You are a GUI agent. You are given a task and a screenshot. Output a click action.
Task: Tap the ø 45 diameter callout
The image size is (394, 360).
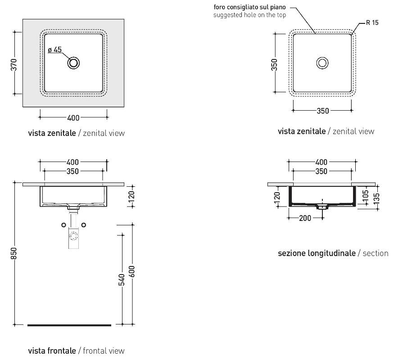pos(54,50)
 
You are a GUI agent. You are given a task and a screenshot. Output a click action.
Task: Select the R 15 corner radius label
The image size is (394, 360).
pos(372,23)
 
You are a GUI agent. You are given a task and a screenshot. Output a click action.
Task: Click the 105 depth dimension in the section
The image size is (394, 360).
pos(365,194)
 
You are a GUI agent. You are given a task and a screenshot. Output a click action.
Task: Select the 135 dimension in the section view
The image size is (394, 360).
pos(376,197)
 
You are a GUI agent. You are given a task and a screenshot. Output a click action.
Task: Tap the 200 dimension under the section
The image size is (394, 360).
pos(305,218)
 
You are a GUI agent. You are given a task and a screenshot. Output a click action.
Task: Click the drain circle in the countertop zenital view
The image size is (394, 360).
pos(73,63)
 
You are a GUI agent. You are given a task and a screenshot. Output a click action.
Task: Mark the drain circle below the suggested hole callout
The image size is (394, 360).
pos(322,63)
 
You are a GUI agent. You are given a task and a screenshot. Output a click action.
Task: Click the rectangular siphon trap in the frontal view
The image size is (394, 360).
pos(73,238)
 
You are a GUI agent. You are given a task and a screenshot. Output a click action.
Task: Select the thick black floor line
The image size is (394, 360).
pos(69,325)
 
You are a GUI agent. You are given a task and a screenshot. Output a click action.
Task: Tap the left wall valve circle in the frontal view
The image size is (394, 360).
pos(63,225)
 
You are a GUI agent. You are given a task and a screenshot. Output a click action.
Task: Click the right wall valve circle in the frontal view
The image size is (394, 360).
pos(84,225)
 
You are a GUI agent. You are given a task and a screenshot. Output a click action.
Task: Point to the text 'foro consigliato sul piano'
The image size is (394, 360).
pos(250,8)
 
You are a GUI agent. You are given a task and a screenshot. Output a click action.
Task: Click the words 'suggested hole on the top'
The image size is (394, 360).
pos(250,15)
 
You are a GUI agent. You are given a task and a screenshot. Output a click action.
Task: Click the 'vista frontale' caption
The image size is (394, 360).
pos(53,351)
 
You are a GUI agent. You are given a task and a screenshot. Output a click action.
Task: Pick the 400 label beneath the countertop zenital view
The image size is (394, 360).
pos(73,118)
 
